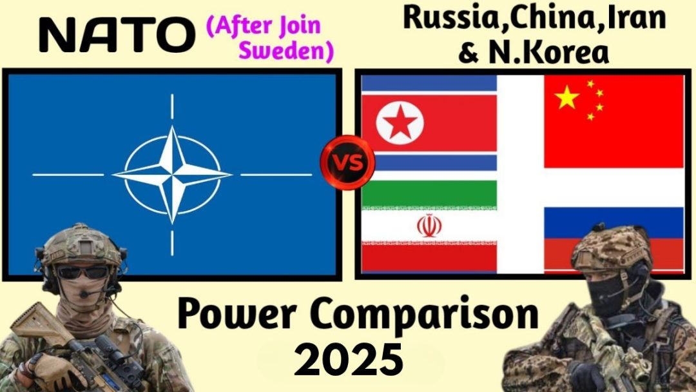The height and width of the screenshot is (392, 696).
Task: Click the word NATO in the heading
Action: click(x=117, y=35)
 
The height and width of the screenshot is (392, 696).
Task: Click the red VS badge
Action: click(x=347, y=163)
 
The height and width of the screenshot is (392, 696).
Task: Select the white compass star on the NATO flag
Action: click(x=172, y=175)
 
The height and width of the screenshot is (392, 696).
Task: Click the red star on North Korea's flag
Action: click(x=400, y=123)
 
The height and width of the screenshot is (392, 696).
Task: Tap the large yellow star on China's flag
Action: click(x=567, y=97)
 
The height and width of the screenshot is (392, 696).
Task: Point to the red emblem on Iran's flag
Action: click(x=429, y=226)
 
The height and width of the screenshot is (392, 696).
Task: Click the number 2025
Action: click(x=349, y=360)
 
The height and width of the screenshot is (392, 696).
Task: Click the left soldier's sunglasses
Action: click(x=82, y=272)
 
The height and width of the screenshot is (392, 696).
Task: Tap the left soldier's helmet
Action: click(x=81, y=246)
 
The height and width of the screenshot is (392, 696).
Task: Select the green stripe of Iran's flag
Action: click(x=429, y=193)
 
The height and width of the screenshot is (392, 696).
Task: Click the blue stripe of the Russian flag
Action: click(x=614, y=222)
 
